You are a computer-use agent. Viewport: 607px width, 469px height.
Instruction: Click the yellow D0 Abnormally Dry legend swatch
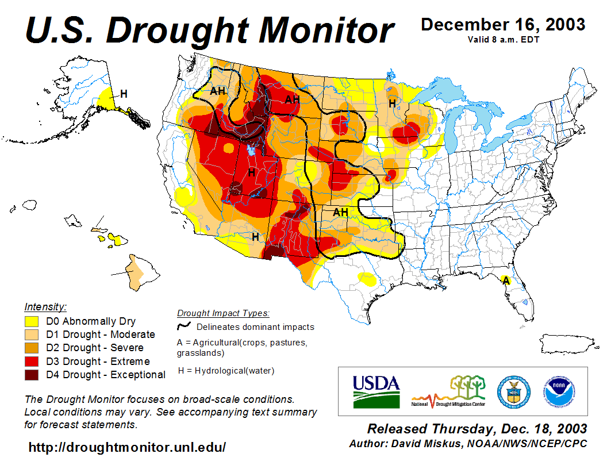click(x=32, y=321)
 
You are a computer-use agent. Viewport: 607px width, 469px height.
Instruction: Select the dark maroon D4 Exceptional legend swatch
click(x=32, y=375)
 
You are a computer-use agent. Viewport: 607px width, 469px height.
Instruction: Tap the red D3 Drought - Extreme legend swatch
click(x=32, y=362)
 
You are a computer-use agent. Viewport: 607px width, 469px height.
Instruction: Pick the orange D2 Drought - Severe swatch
click(x=32, y=348)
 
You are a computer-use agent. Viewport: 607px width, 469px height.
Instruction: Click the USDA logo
click(x=376, y=391)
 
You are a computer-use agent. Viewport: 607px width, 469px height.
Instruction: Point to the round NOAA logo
click(x=556, y=391)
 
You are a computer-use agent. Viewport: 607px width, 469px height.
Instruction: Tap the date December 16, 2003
click(x=503, y=25)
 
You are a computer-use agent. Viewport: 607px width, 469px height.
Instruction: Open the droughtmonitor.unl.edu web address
click(x=127, y=447)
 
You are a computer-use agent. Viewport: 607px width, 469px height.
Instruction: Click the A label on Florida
click(x=506, y=280)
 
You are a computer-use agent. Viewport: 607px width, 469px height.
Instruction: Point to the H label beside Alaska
click(x=123, y=93)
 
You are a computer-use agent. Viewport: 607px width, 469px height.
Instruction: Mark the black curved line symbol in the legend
click(x=184, y=326)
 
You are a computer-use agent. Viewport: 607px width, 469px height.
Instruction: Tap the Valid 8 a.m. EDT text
click(x=503, y=39)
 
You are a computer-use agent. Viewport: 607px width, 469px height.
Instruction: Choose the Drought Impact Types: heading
click(x=223, y=313)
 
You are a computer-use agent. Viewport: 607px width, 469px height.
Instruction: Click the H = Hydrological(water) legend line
click(x=226, y=371)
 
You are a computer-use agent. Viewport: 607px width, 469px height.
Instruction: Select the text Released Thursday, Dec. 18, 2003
click(x=477, y=429)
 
